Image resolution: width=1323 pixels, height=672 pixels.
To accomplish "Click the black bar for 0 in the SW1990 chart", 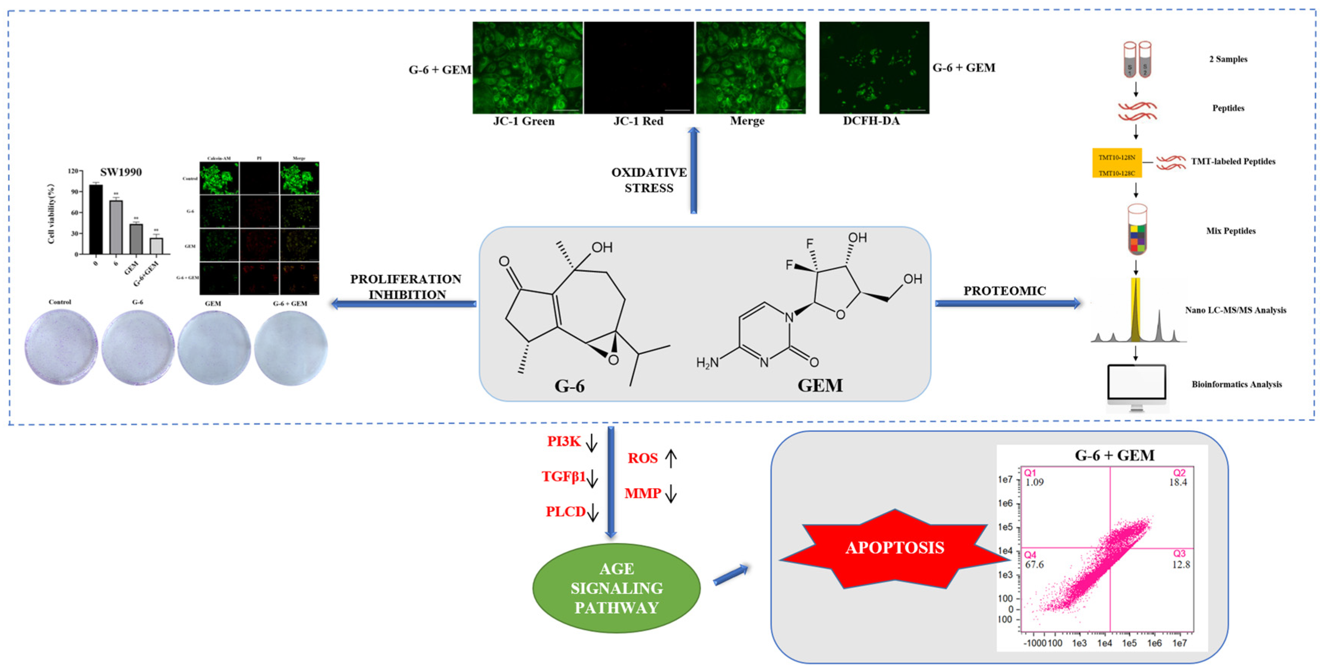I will (96, 219).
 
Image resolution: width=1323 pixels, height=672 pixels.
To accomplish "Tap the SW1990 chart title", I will (121, 172).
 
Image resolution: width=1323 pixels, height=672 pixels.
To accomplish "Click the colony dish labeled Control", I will (61, 347).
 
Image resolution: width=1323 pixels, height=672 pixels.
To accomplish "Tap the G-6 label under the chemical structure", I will (569, 385).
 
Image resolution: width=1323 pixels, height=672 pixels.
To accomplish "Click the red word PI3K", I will (563, 441).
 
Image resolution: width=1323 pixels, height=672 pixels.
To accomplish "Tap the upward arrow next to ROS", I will (671, 458).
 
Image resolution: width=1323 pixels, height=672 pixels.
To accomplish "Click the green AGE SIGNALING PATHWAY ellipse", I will (616, 588).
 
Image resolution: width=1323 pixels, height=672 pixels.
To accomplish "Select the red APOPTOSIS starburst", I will (894, 548).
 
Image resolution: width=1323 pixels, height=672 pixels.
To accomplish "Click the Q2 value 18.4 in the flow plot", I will (1178, 483).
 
